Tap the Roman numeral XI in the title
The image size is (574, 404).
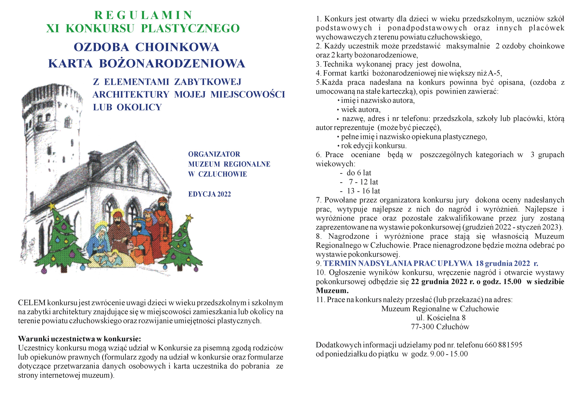point(53,28)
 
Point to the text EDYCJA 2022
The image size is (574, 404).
point(209,194)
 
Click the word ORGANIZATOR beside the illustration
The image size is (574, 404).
point(214,154)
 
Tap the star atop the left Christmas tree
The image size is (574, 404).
point(52,206)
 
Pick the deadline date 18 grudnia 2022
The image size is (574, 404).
point(502,263)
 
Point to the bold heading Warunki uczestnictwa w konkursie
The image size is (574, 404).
point(80,339)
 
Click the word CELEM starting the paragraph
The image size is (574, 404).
point(32,303)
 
